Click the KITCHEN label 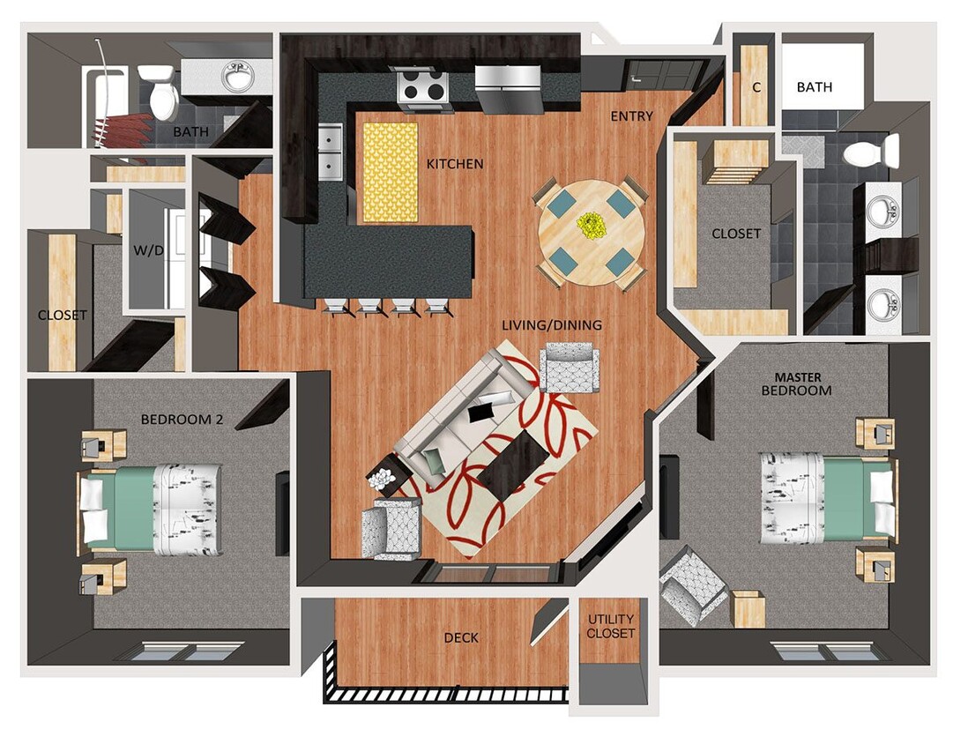pyautogui.click(x=455, y=164)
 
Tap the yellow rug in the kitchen pyautogui.click(x=390, y=172)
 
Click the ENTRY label pyautogui.click(x=632, y=116)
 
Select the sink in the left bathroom pyautogui.click(x=237, y=77)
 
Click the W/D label pyautogui.click(x=148, y=250)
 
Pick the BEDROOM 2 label pyautogui.click(x=182, y=420)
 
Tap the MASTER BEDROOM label pyautogui.click(x=796, y=383)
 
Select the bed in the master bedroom pyautogui.click(x=825, y=498)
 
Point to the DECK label pyautogui.click(x=461, y=637)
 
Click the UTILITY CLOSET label pyautogui.click(x=611, y=627)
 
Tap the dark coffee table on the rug pyautogui.click(x=513, y=463)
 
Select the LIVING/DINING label pyautogui.click(x=552, y=325)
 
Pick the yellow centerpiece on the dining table pyautogui.click(x=590, y=225)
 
